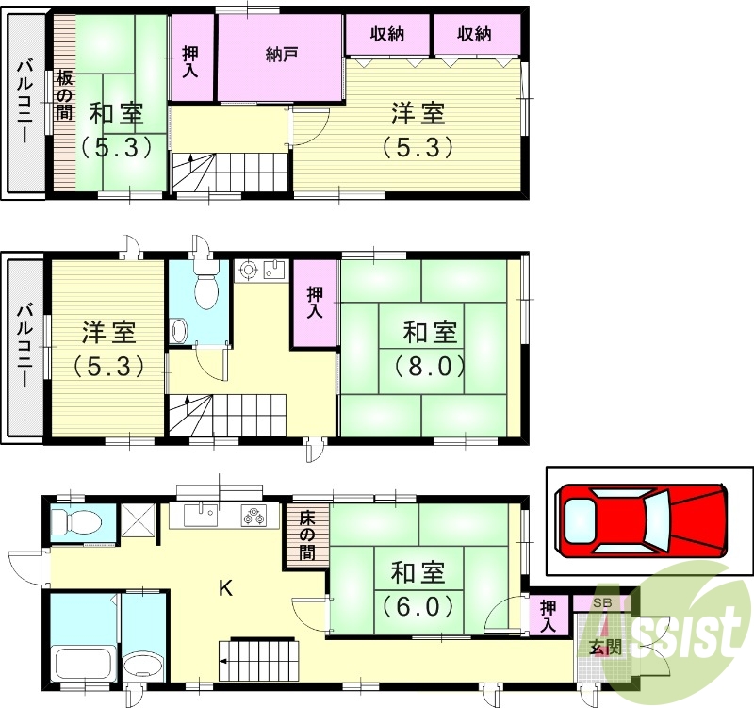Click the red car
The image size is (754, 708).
[641, 520]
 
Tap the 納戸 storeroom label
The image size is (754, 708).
[281, 55]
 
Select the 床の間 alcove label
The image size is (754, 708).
[307, 535]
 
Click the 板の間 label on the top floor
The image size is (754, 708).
[64, 95]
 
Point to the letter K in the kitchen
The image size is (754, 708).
[225, 587]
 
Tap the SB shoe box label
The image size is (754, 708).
[599, 603]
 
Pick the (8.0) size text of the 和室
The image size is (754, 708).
[430, 367]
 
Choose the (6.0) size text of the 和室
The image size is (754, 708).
[418, 606]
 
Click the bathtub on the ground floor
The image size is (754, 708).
[83, 664]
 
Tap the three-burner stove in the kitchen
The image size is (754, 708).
[253, 515]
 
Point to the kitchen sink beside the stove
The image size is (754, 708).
[201, 515]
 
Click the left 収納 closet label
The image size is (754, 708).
[387, 34]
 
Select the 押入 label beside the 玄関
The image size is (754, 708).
[549, 616]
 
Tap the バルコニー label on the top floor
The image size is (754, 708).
[25, 102]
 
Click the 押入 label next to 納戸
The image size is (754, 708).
[190, 62]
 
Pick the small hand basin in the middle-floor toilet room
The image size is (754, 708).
[180, 331]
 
